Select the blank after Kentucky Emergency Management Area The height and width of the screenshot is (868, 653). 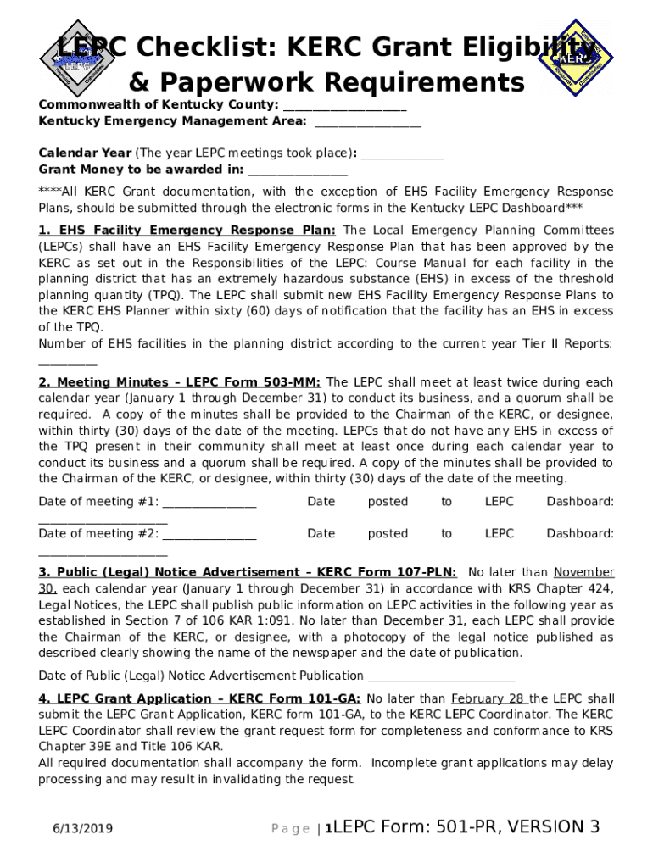click(367, 122)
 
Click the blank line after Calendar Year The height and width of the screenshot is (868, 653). click(403, 154)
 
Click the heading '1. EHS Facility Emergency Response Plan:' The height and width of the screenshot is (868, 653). click(187, 231)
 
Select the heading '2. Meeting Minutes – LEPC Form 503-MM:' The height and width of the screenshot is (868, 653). click(180, 382)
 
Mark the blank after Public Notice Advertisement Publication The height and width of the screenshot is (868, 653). click(440, 676)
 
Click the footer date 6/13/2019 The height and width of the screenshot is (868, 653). click(82, 829)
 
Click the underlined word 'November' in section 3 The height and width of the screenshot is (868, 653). click(584, 573)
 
